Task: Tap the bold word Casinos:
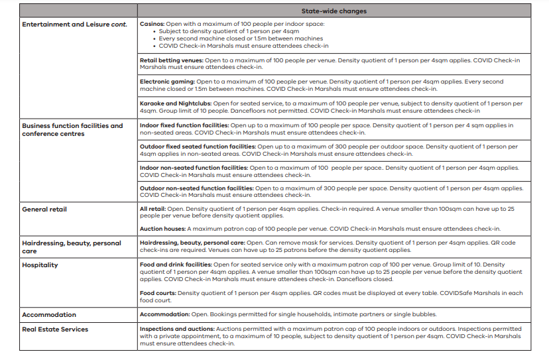coord(152,24)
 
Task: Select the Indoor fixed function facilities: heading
coord(183,125)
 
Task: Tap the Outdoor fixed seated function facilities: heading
coord(198,146)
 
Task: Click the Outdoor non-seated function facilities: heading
coord(196,188)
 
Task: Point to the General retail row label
coord(44,210)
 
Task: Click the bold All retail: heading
coord(153,210)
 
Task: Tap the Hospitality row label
coord(40,265)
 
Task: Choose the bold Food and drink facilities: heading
coord(176,265)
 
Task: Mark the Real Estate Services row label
coord(55,329)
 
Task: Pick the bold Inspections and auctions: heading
coord(176,329)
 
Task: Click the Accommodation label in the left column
coord(49,314)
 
